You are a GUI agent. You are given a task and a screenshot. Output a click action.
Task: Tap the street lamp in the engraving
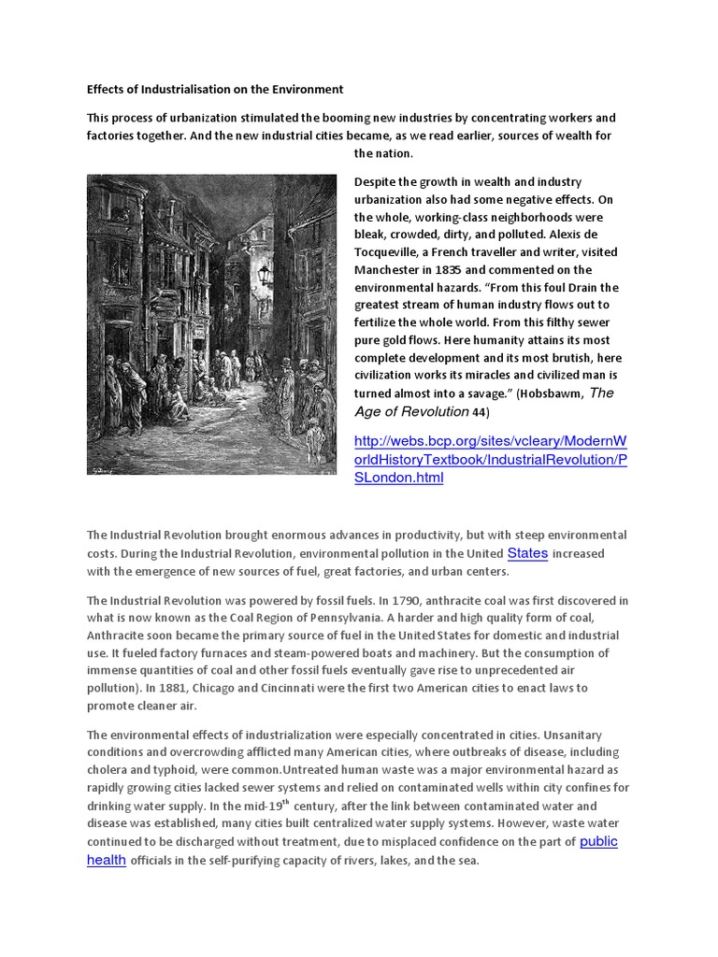click(265, 275)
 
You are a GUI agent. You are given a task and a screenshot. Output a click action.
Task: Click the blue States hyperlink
click(527, 553)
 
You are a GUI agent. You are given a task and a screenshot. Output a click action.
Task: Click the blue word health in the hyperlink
click(107, 860)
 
